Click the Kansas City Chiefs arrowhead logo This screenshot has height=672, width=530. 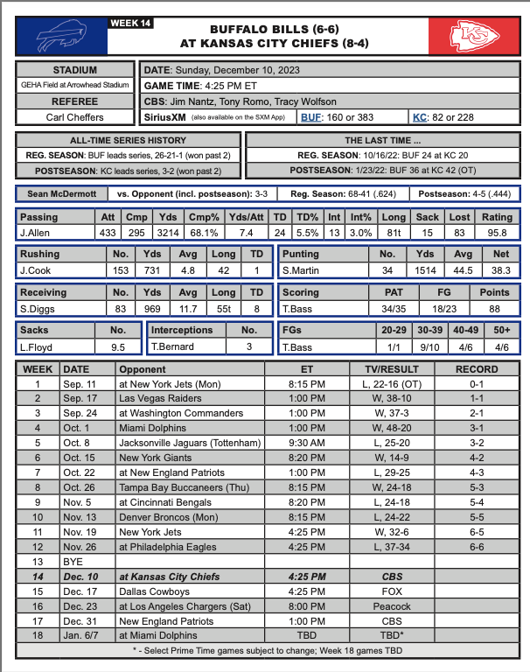click(x=473, y=36)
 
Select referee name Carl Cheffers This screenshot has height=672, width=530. click(x=75, y=116)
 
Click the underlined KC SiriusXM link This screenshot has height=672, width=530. click(x=419, y=116)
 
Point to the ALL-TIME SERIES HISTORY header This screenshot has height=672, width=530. click(x=128, y=140)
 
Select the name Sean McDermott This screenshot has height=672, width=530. click(x=62, y=193)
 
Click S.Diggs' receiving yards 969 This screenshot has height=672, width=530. click(x=151, y=309)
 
